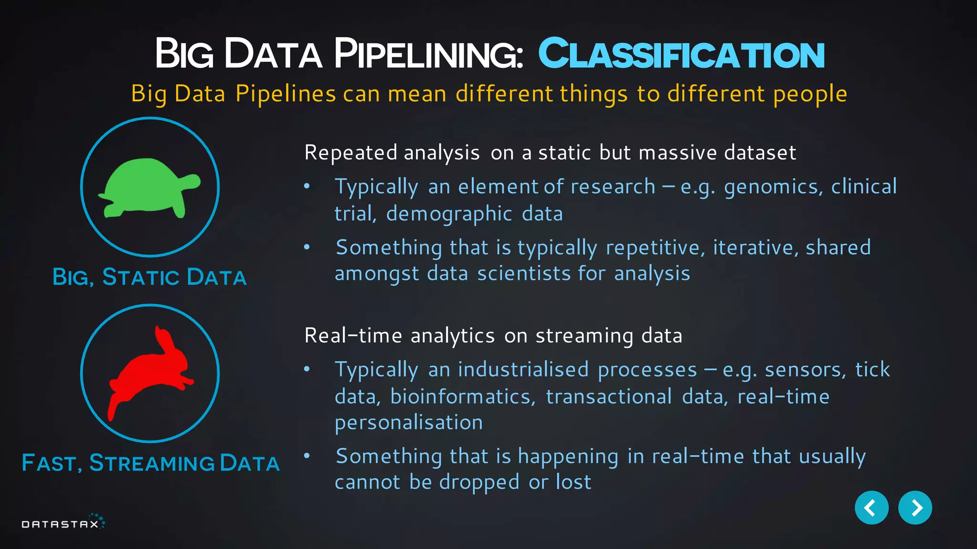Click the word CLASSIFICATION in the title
(x=681, y=54)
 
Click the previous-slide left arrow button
(x=871, y=508)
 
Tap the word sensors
(x=805, y=370)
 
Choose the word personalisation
(x=409, y=423)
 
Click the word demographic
(x=449, y=214)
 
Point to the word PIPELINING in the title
(x=428, y=54)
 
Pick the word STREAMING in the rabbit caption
(x=152, y=463)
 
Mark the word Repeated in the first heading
(x=351, y=153)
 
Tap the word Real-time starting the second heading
(x=353, y=336)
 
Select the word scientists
(x=524, y=274)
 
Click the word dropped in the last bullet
(x=479, y=482)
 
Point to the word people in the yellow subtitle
(x=810, y=94)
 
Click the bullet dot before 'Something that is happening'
(x=307, y=456)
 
